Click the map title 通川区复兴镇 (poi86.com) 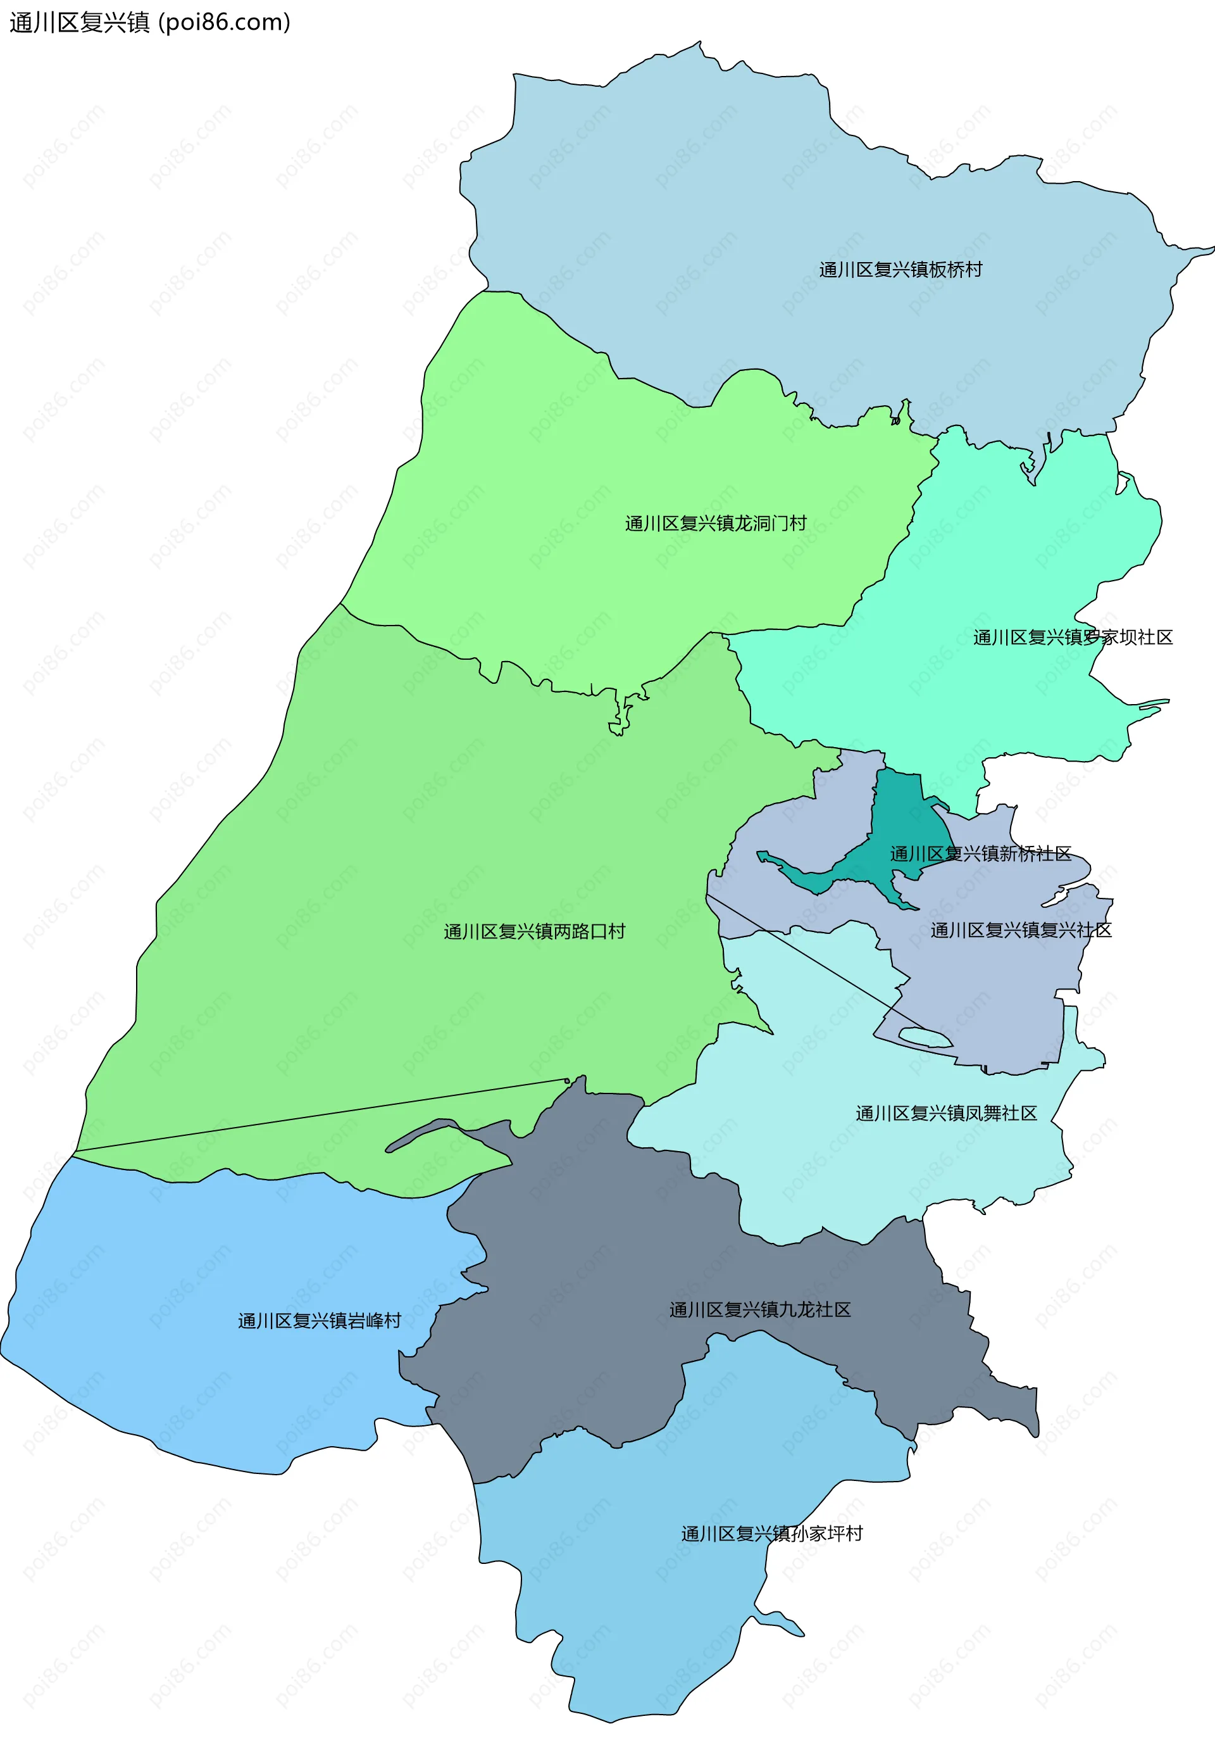point(149,23)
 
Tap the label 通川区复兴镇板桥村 point(900,270)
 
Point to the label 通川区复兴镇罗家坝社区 point(1072,638)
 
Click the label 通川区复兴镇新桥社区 point(980,854)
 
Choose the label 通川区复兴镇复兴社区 point(1020,930)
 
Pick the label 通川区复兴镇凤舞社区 point(945,1114)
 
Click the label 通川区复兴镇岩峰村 point(319,1321)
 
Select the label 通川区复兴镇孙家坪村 point(771,1534)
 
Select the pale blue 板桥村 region point(685,191)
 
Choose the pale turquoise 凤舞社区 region point(837,1157)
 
